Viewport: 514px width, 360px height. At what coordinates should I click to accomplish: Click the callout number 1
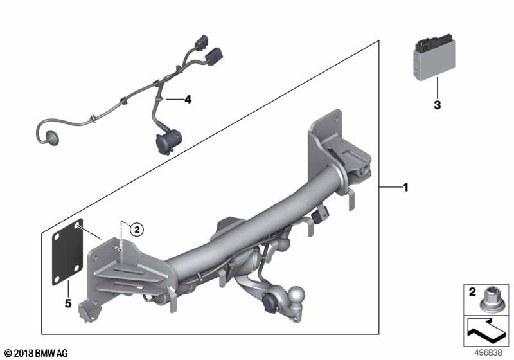(406, 188)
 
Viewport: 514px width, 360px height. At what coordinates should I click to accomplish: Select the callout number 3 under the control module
(438, 105)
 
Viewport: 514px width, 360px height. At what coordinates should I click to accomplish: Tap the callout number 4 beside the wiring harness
(188, 100)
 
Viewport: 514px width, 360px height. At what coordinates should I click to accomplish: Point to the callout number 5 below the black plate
(68, 303)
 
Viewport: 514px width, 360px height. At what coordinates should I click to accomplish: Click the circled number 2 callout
(137, 230)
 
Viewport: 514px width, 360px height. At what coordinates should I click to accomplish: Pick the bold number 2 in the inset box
(472, 292)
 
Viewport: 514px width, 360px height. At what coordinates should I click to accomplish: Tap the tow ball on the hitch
(297, 296)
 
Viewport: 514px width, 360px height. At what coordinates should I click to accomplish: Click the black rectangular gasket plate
(67, 252)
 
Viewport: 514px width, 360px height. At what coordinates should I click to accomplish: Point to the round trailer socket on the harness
(168, 141)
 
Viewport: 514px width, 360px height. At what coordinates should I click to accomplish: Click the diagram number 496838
(488, 353)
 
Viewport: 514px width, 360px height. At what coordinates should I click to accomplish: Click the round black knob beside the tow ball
(269, 301)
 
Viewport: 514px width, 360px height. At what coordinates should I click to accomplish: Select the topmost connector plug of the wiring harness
(200, 42)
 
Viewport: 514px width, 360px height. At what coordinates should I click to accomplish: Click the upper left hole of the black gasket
(77, 225)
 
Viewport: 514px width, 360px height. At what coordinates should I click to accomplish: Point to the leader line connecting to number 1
(391, 187)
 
